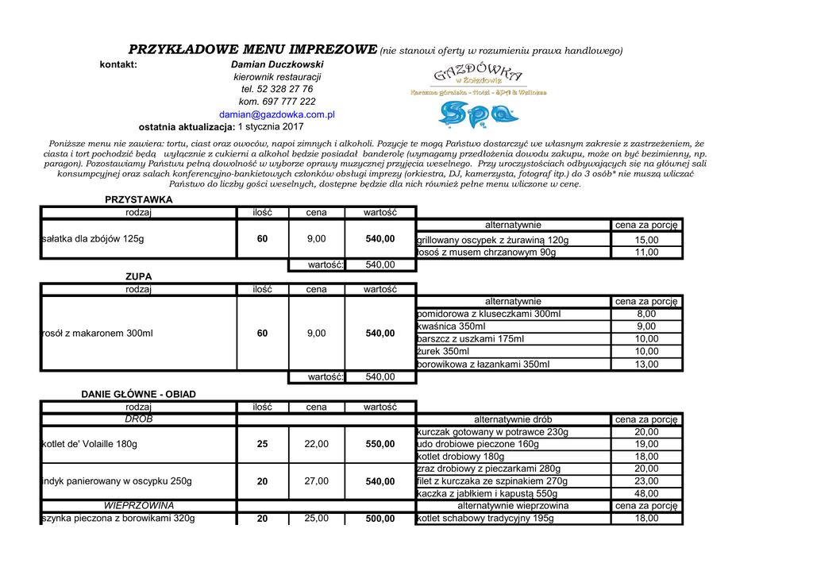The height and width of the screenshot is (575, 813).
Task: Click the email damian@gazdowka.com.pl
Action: (276, 114)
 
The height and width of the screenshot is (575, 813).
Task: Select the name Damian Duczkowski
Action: (277, 64)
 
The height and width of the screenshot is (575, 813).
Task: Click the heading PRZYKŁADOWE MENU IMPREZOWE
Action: (252, 49)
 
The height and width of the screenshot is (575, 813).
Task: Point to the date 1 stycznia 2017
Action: (271, 127)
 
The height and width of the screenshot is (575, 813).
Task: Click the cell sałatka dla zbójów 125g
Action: (93, 239)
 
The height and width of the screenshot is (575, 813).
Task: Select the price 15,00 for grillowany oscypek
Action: (646, 240)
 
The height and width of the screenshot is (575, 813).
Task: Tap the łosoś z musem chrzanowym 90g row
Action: (487, 253)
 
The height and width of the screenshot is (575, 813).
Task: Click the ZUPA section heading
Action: (138, 276)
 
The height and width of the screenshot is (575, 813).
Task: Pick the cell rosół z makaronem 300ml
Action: (97, 334)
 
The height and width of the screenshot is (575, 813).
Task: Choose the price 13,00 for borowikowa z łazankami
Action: (646, 365)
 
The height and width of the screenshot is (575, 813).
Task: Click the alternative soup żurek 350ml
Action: (443, 352)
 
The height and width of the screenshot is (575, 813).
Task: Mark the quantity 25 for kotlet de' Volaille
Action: (262, 445)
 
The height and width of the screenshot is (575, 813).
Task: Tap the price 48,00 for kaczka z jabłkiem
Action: (646, 493)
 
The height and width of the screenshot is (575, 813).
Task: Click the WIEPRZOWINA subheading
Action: (138, 506)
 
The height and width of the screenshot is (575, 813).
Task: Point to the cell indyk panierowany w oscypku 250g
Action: (117, 481)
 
